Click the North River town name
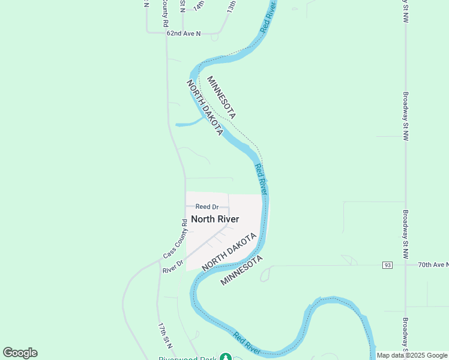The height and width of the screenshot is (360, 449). pyautogui.click(x=215, y=219)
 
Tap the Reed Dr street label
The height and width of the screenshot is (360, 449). pyautogui.click(x=206, y=207)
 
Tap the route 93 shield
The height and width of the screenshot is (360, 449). pyautogui.click(x=387, y=265)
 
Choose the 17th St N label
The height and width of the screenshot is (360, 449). pyautogui.click(x=165, y=335)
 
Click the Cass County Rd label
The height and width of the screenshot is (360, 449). pyautogui.click(x=175, y=239)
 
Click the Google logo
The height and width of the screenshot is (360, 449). pyautogui.click(x=20, y=353)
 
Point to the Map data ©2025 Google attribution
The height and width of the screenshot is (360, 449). pyautogui.click(x=411, y=355)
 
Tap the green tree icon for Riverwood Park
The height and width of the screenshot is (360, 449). pyautogui.click(x=225, y=358)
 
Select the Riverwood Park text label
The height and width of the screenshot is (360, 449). pyautogui.click(x=187, y=358)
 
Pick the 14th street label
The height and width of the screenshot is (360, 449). pyautogui.click(x=199, y=5)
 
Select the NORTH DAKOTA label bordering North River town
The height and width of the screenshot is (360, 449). pyautogui.click(x=229, y=251)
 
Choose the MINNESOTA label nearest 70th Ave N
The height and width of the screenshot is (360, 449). pyautogui.click(x=242, y=270)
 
